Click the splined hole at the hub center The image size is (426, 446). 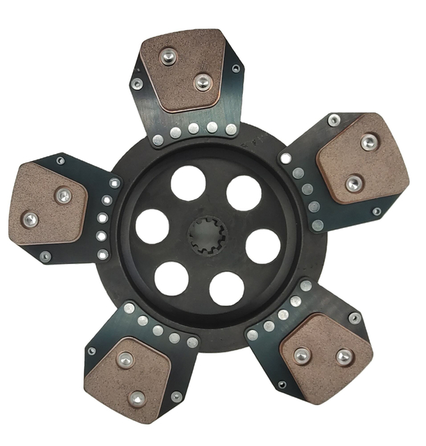point(207,235)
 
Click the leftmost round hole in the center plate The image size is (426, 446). point(152,226)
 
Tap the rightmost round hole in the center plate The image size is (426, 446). point(263,245)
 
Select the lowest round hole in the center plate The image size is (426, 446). point(226,289)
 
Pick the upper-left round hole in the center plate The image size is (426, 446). point(188,183)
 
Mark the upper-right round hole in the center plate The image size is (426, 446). point(244,193)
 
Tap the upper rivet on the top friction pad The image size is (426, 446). point(168,56)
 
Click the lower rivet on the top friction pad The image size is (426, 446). point(203,82)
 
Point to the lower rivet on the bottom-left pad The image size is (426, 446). point(137,399)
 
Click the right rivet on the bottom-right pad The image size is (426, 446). point(344,356)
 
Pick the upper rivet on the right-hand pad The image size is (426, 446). point(369,143)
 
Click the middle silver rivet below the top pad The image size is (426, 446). point(194,129)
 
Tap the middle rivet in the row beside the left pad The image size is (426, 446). point(104,218)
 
